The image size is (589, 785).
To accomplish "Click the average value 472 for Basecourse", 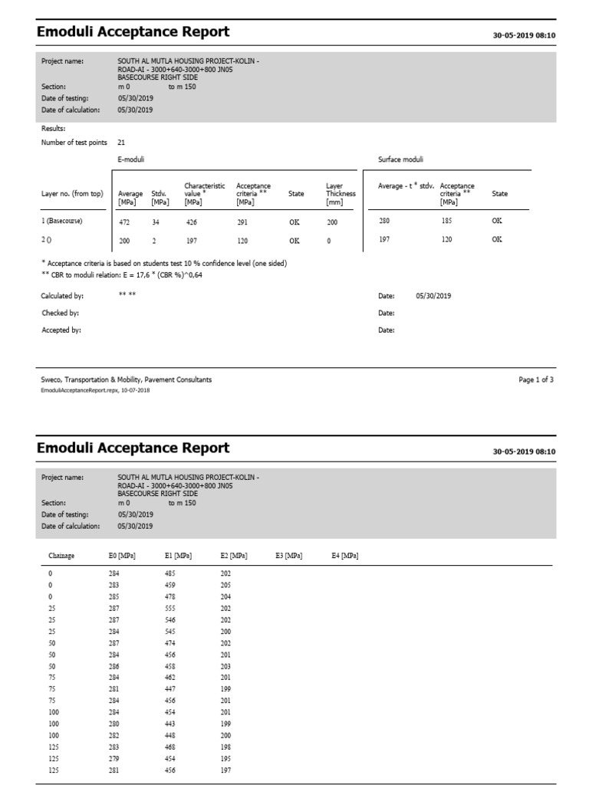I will click(x=124, y=222).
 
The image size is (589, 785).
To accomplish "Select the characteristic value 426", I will click(x=192, y=222).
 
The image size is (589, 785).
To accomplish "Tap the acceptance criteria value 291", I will click(x=244, y=222).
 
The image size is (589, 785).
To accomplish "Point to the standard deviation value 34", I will click(x=156, y=222).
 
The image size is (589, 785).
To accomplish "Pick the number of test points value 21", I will click(x=122, y=143).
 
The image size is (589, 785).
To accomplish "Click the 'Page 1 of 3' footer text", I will click(x=536, y=379).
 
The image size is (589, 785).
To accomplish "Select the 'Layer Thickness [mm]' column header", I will click(x=341, y=194).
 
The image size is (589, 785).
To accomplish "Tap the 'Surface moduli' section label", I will click(x=400, y=159).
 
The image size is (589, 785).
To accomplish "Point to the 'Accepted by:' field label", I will click(x=61, y=330).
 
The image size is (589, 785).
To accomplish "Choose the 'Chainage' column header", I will click(x=61, y=555).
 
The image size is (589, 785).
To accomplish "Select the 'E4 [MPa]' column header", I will click(x=344, y=555).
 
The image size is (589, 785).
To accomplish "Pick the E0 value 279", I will click(x=114, y=759).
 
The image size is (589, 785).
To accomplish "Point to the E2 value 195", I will click(x=225, y=759).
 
